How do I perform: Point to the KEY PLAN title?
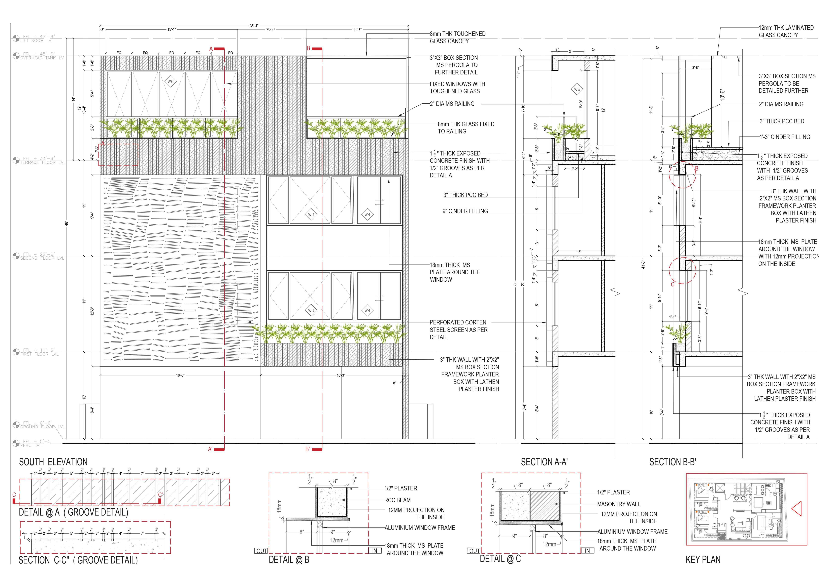(x=703, y=560)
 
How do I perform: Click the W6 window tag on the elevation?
(x=170, y=81)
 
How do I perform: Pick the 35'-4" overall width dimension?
(x=254, y=26)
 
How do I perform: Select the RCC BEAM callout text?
(x=397, y=500)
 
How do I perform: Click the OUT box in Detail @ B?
(x=261, y=551)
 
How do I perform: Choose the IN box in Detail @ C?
(x=587, y=551)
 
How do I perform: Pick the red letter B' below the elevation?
(x=308, y=449)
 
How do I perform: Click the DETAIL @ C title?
(x=500, y=559)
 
